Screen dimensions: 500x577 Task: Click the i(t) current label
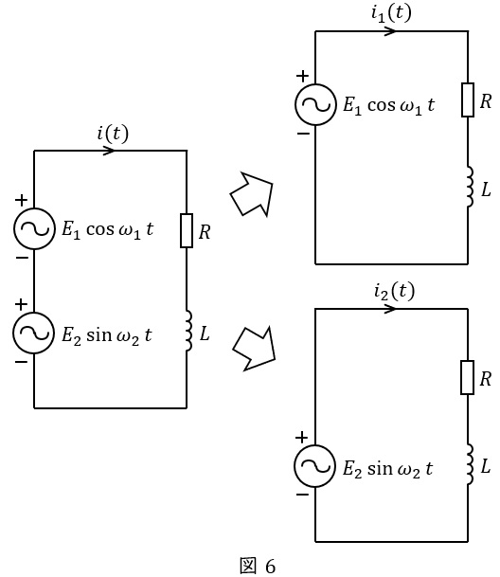113,134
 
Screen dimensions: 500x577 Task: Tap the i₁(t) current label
391,13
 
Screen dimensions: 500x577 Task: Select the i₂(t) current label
394,292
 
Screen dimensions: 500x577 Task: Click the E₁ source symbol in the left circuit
35,229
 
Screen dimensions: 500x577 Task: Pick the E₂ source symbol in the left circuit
34,333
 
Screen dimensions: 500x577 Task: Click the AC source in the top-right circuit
315,104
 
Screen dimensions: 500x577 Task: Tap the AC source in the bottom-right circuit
315,466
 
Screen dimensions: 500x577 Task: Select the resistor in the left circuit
187,230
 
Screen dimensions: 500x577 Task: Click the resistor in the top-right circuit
468,100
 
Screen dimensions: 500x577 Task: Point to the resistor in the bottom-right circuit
467,377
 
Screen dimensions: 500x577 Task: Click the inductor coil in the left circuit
188,331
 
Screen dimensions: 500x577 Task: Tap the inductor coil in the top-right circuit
470,187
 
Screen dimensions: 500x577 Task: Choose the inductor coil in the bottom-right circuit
470,464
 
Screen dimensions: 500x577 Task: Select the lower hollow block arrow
255,350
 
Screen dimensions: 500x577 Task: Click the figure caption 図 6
258,566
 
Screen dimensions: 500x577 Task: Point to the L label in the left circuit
205,334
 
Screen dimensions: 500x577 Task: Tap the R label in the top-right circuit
486,101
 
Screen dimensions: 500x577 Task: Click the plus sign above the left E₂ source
22,304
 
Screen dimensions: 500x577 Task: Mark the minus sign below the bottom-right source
302,495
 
